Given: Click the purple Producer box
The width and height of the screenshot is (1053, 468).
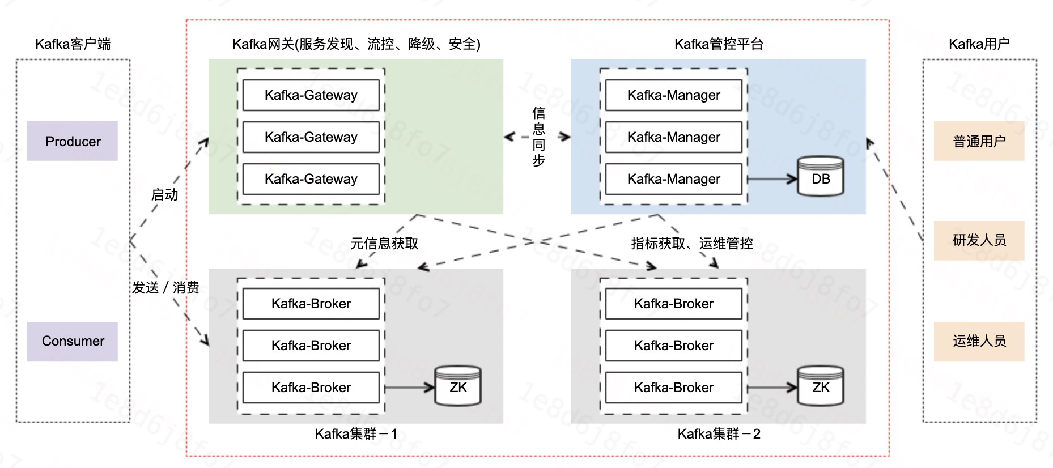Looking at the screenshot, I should (73, 141).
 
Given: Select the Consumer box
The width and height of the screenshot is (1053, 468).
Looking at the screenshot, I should (73, 341).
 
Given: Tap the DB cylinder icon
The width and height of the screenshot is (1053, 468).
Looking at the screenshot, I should (820, 177).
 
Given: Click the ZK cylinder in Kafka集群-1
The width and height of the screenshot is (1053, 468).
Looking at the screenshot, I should (458, 386).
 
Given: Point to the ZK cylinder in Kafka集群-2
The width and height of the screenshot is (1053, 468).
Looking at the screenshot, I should (820, 386).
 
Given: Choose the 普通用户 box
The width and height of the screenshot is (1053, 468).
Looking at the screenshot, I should (979, 141).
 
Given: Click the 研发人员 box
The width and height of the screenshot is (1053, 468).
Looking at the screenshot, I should (979, 240).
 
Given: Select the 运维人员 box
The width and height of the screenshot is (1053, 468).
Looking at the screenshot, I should (979, 341).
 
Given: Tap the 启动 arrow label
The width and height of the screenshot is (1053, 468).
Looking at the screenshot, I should (165, 195).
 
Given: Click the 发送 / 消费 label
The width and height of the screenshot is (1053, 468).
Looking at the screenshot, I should (165, 288).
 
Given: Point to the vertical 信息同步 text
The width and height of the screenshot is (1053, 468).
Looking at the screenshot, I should (538, 137).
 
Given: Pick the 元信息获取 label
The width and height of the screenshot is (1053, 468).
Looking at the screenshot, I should (384, 244).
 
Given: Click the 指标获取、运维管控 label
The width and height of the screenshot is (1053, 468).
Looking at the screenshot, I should (692, 244).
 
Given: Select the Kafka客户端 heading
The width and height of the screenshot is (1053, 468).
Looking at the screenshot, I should (73, 44).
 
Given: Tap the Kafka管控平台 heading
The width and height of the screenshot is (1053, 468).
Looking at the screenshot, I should (719, 44).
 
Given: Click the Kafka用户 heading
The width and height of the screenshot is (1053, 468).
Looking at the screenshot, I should (979, 44).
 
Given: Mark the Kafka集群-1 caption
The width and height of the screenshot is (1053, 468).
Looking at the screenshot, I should (356, 434).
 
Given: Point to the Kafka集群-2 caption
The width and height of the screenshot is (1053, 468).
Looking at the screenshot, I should (719, 434).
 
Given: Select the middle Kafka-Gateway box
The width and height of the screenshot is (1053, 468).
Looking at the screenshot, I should (311, 137).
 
